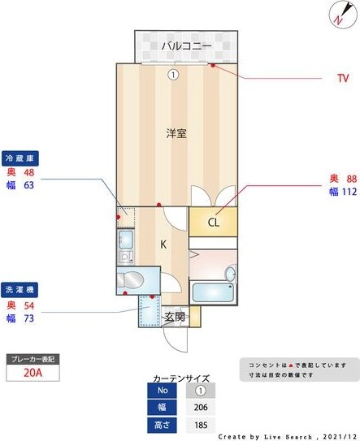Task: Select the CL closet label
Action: [x=213, y=222]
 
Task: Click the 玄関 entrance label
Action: [x=175, y=316]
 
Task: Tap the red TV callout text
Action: [x=342, y=79]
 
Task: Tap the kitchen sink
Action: [x=126, y=240]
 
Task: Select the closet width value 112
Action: [x=349, y=192]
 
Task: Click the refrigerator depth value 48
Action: [x=28, y=172]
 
